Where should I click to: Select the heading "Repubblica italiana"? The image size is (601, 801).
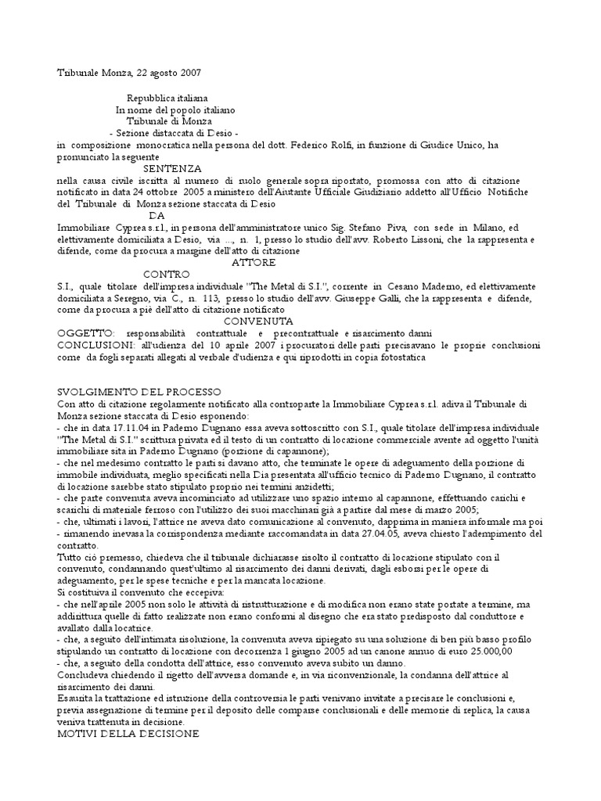tap(167, 99)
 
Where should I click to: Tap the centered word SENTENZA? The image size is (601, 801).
tap(172, 168)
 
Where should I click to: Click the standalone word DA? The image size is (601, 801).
tap(157, 215)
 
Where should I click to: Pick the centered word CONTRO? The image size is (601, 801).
tap(166, 275)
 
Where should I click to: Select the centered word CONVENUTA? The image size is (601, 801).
tap(259, 321)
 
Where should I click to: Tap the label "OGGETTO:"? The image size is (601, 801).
tap(87, 332)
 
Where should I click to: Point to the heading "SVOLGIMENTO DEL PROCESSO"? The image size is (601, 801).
tap(140, 391)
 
